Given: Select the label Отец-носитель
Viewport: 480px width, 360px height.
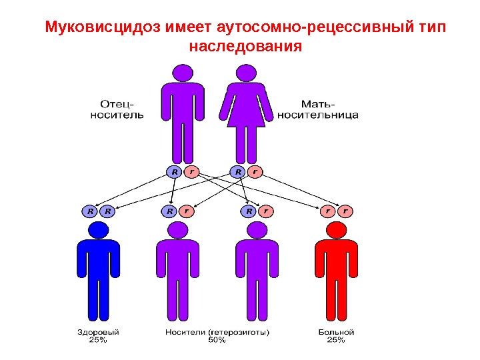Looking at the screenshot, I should click(x=117, y=109).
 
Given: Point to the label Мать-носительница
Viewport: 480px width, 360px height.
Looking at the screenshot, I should click(x=318, y=109).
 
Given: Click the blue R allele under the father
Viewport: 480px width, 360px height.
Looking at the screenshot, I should click(x=174, y=172).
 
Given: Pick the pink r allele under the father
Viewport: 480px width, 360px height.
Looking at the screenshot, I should click(x=192, y=172).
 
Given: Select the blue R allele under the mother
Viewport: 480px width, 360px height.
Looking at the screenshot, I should click(x=237, y=172).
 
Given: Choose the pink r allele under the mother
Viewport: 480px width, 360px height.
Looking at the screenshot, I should click(x=255, y=172).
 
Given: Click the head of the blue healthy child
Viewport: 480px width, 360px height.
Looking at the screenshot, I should click(x=99, y=230).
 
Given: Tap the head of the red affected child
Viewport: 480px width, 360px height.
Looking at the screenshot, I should click(x=335, y=230).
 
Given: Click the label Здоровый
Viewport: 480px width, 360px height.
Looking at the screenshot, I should click(x=98, y=331).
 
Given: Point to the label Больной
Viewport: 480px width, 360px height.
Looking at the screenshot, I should click(x=336, y=331).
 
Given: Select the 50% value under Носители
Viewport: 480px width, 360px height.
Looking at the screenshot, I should click(x=217, y=340).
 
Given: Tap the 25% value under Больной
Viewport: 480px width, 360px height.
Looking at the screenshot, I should click(x=336, y=340).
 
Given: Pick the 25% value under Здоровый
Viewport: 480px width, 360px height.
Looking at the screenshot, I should click(x=98, y=340).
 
